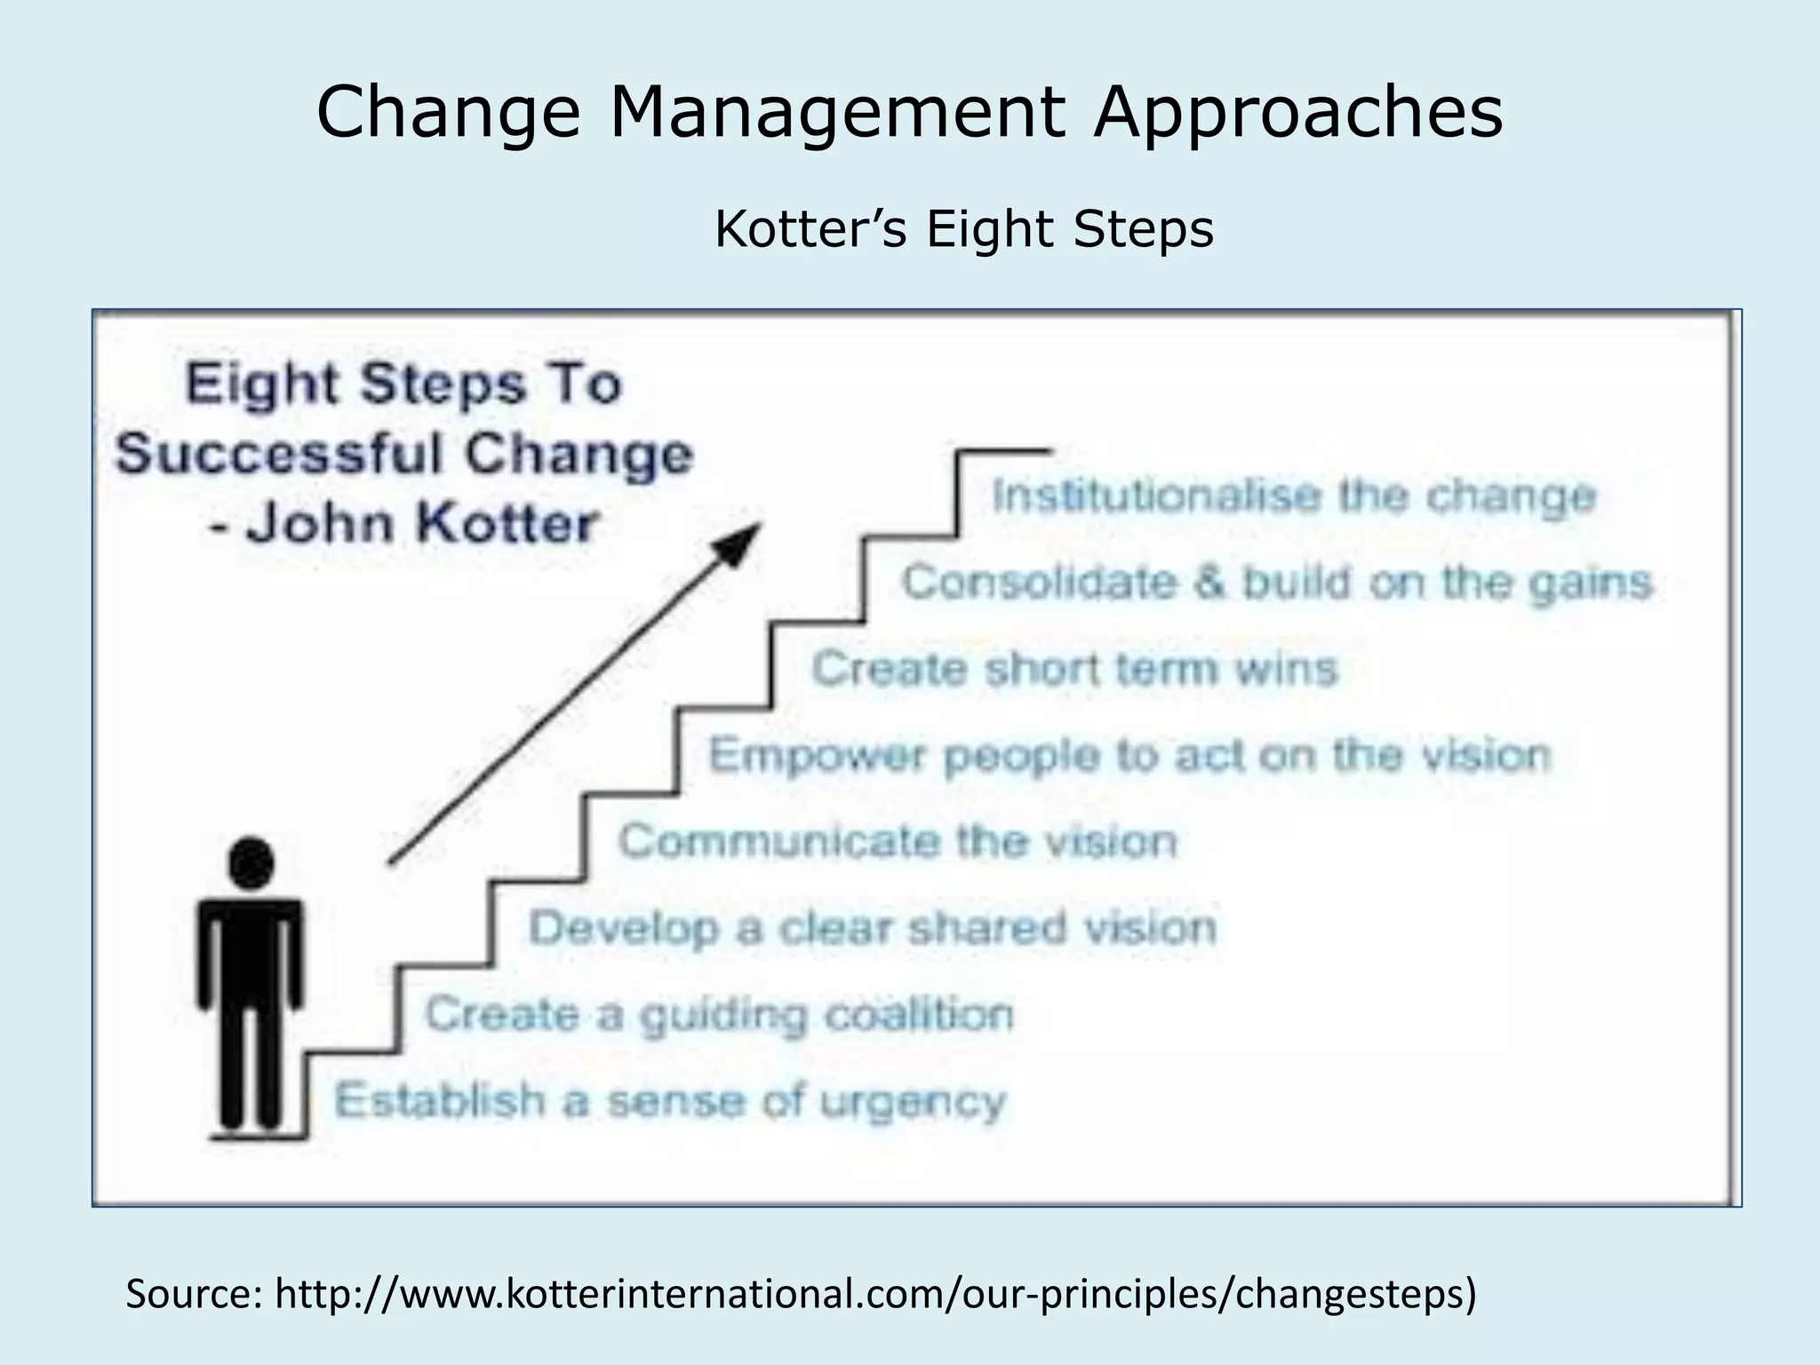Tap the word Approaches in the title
click(x=1297, y=113)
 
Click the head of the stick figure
click(x=251, y=863)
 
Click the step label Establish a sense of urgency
click(x=669, y=1101)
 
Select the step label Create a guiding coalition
click(x=718, y=1015)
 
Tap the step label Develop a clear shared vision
click(x=872, y=929)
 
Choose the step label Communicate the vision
click(x=898, y=842)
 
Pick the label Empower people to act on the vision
click(x=1129, y=755)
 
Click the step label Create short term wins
click(x=1074, y=668)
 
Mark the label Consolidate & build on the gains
click(x=1276, y=583)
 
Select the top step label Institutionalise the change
click(x=1293, y=496)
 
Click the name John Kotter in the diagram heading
click(x=419, y=523)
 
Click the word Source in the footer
click(x=193, y=1294)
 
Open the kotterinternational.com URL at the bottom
click(x=875, y=1294)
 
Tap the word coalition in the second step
click(x=918, y=1015)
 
